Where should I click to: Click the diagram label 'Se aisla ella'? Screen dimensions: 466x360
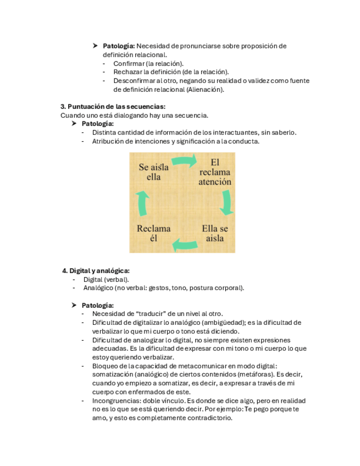pos(153,171)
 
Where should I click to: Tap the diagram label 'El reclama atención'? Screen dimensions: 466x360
pos(214,171)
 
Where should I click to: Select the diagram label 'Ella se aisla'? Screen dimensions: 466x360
pos(214,233)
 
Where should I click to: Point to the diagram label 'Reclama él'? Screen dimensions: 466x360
pos(153,233)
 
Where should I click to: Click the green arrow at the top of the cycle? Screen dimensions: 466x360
pos(184,162)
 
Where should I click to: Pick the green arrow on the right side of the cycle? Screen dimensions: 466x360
pos(226,202)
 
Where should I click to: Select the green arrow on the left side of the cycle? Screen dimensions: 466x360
pos(142,202)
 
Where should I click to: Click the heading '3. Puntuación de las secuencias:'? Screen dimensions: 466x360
pos(113,107)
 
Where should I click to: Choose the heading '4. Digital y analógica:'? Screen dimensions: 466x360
pos(96,270)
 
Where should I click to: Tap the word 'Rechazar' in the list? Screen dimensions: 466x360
pos(128,72)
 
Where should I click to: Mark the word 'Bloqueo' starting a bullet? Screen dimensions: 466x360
pos(105,366)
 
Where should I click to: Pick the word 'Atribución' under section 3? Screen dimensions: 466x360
pos(109,141)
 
